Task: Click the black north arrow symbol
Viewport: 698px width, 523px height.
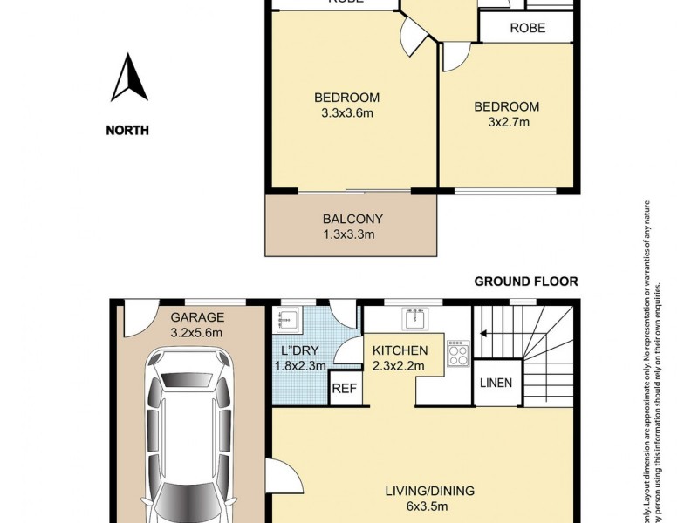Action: [128, 78]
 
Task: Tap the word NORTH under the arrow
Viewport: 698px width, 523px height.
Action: [127, 131]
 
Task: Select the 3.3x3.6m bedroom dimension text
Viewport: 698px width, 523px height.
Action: [346, 112]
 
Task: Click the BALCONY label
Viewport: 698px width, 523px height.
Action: [352, 219]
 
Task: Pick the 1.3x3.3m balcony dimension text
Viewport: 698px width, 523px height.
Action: [352, 234]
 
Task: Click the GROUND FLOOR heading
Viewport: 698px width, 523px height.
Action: [525, 282]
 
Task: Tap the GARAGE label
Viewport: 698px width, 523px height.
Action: [197, 317]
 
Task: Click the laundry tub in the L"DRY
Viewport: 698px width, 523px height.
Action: [287, 320]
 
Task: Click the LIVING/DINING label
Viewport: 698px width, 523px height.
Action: [430, 491]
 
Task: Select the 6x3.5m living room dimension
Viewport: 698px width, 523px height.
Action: [430, 506]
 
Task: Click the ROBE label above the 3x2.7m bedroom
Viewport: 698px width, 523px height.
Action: [527, 28]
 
